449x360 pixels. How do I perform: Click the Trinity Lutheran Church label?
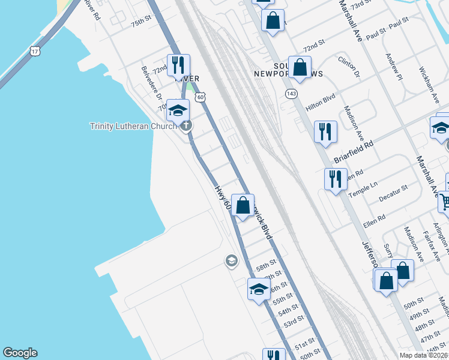tap(133, 126)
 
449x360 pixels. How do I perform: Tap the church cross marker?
tap(187, 126)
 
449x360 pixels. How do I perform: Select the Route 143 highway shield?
tap(292, 94)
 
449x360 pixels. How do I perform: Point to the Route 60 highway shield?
tap(200, 96)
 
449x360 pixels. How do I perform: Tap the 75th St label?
tap(142, 22)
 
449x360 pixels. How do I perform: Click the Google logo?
tap(20, 353)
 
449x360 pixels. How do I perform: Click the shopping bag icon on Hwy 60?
tap(243, 206)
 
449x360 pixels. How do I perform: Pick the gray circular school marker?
tap(231, 261)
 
